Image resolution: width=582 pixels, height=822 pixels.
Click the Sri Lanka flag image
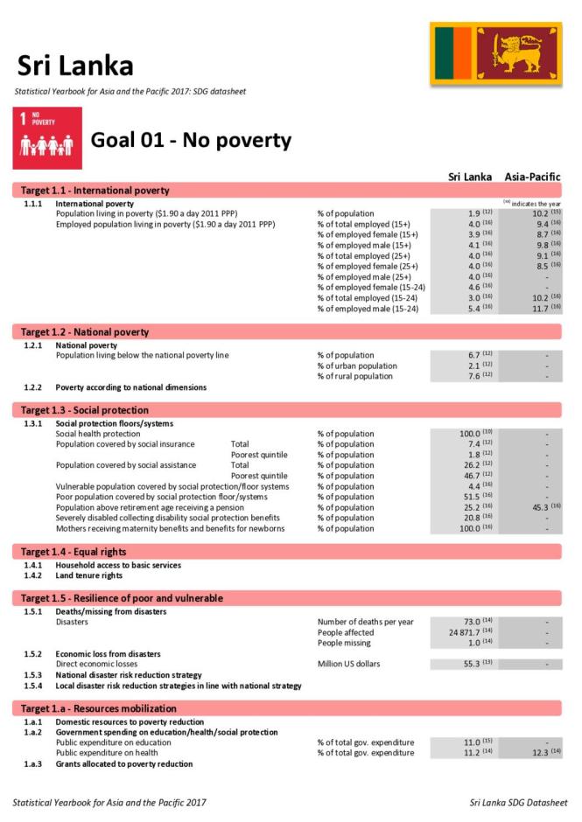tap(495, 54)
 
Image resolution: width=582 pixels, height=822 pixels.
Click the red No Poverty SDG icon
tap(47, 138)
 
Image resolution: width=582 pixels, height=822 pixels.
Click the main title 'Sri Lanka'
tap(74, 66)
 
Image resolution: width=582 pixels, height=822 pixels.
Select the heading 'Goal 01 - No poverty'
tap(191, 141)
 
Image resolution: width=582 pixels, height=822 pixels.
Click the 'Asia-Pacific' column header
tap(532, 177)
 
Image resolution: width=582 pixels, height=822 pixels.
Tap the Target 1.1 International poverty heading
tap(95, 191)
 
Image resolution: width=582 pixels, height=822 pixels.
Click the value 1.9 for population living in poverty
tap(473, 214)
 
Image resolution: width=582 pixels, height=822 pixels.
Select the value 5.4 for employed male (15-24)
tap(473, 309)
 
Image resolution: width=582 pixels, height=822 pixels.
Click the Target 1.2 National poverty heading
tap(85, 332)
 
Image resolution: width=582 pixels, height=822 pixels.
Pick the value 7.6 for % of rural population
tap(473, 377)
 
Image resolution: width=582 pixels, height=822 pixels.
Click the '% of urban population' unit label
tap(357, 366)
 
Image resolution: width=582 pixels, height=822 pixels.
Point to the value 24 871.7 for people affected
tap(465, 632)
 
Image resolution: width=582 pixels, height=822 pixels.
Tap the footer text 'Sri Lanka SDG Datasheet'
tap(518, 802)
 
